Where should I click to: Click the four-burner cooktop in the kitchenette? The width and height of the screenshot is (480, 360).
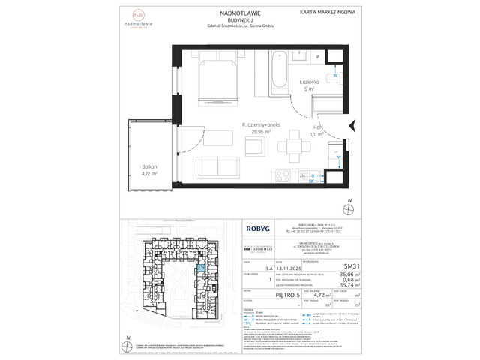tap(283, 177)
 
